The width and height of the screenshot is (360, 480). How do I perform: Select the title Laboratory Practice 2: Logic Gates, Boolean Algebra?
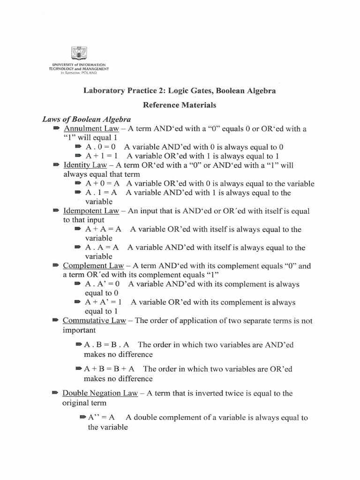coord(180,90)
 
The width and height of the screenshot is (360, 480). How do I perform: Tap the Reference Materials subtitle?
coord(180,105)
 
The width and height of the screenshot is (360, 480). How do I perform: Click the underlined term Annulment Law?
coord(91,128)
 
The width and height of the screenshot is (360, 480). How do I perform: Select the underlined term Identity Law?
coord(85,165)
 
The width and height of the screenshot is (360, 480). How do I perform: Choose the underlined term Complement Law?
coord(93,266)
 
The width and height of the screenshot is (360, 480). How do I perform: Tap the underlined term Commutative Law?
coord(94,321)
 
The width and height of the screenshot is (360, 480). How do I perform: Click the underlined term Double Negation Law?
coord(100,394)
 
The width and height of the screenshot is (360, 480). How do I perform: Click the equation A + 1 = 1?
coord(102,156)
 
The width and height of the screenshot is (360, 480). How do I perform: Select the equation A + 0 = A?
coord(102,184)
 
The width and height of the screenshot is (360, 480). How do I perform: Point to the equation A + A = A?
coord(104,229)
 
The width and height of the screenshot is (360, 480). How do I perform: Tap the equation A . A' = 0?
coord(103,284)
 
